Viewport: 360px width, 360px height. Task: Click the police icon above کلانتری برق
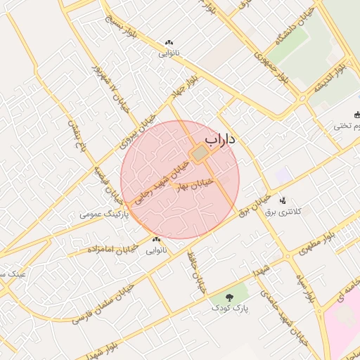coord(283,200)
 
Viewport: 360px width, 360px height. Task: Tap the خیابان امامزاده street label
coord(112,249)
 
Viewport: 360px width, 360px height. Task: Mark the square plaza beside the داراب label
coord(200,153)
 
